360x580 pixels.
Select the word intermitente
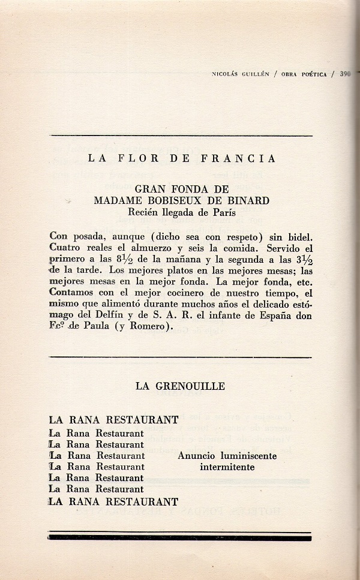(x=227, y=467)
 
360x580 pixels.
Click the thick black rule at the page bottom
(x=180, y=538)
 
